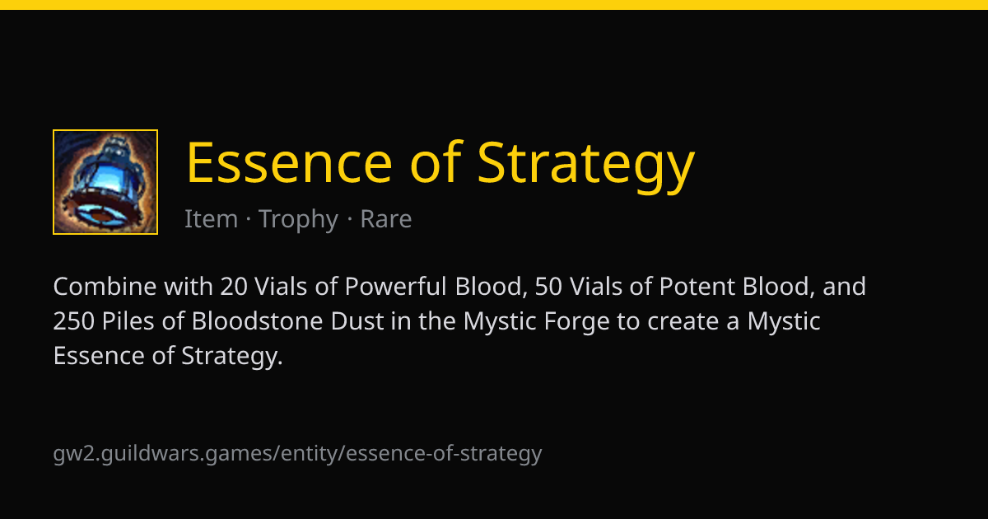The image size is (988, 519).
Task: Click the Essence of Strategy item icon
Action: (105, 182)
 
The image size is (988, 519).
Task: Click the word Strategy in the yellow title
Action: (586, 166)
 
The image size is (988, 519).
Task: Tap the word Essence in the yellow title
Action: (289, 162)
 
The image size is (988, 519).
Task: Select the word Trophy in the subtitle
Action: (299, 219)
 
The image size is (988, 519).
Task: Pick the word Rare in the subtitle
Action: (386, 219)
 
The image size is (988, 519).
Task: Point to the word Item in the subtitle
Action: (212, 218)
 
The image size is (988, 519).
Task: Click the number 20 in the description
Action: (234, 287)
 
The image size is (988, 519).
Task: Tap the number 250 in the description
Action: (73, 321)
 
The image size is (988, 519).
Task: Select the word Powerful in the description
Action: (396, 286)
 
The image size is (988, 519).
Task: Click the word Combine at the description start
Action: (105, 286)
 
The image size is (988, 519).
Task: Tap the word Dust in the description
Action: (357, 320)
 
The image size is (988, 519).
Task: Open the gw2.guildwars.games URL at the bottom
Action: (297, 454)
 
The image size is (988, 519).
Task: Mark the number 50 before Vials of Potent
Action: (548, 287)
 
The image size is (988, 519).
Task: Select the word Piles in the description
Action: (128, 320)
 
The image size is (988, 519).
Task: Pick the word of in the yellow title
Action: (436, 161)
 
